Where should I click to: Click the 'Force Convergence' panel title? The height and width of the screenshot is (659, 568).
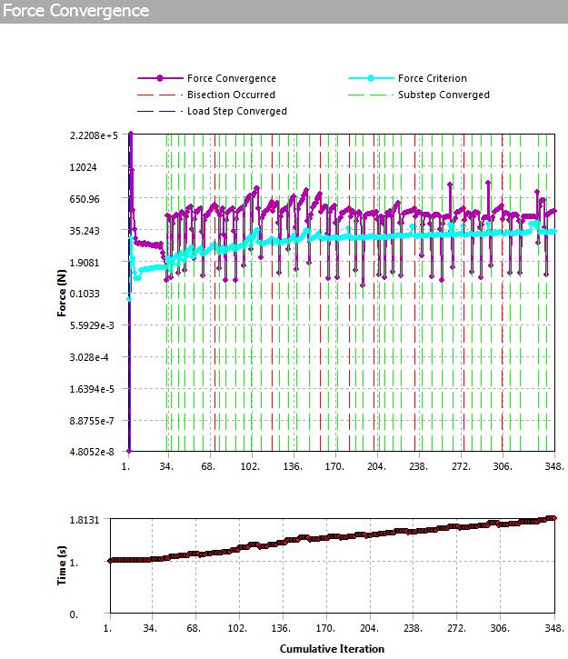click(x=76, y=11)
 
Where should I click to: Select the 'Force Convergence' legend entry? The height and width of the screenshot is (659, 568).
click(x=231, y=78)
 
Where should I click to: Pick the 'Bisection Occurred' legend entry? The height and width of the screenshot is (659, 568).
click(x=231, y=95)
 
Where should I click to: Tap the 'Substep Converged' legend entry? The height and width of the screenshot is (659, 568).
click(x=443, y=95)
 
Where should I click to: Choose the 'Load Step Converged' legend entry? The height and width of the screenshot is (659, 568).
click(x=236, y=111)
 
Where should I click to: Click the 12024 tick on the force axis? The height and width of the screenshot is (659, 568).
click(x=106, y=167)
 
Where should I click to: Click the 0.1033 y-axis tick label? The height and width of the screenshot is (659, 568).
click(x=105, y=294)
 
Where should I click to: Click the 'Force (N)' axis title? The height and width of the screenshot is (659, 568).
click(x=62, y=294)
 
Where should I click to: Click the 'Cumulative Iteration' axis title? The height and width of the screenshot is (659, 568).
click(x=332, y=648)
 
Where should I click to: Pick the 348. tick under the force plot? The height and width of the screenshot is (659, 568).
click(x=553, y=466)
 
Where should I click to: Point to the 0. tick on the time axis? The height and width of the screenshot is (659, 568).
click(x=98, y=615)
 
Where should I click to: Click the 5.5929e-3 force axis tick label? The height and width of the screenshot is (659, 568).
click(x=95, y=325)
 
